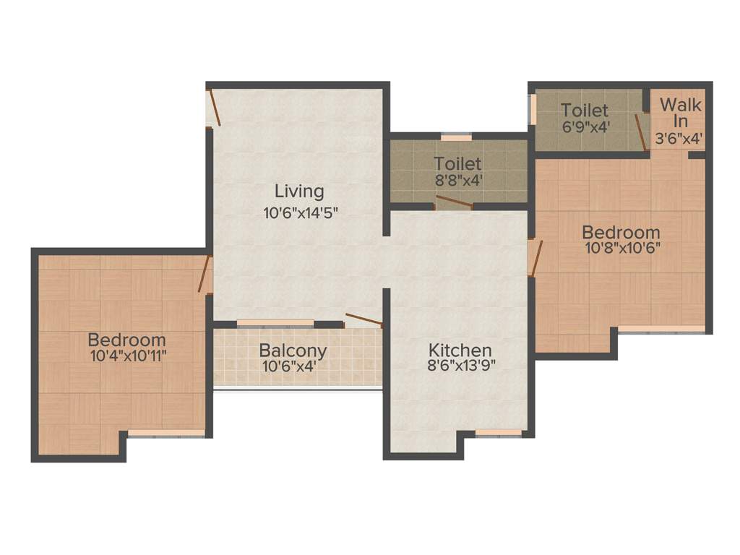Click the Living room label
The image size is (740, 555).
(x=299, y=192)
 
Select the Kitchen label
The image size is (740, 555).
(x=459, y=350)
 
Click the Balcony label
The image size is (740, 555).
(x=293, y=350)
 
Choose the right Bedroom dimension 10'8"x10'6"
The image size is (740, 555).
(x=621, y=246)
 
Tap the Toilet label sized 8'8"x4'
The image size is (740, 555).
(x=457, y=163)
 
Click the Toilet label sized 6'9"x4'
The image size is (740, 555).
(x=585, y=111)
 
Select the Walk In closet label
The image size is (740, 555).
(x=680, y=112)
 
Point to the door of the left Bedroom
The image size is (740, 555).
(x=205, y=274)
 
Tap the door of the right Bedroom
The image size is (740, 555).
(x=535, y=259)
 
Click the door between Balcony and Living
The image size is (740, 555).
(x=363, y=319)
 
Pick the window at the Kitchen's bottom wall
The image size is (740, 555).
(x=499, y=433)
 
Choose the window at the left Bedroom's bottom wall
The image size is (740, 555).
(x=166, y=433)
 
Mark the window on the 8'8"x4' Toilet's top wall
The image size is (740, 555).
(x=456, y=137)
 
